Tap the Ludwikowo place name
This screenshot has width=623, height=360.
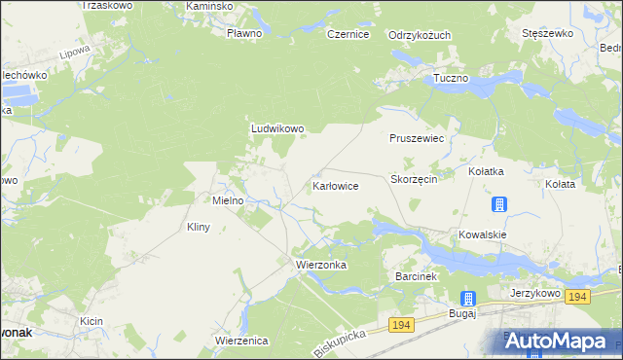click(278, 128)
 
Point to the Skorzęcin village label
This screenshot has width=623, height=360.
click(419, 180)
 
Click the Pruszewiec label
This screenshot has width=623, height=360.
click(417, 139)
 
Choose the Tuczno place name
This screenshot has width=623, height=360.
click(452, 77)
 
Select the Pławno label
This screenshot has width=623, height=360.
click(244, 34)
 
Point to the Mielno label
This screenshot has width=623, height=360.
click(228, 199)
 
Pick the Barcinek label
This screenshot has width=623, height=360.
click(420, 276)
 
